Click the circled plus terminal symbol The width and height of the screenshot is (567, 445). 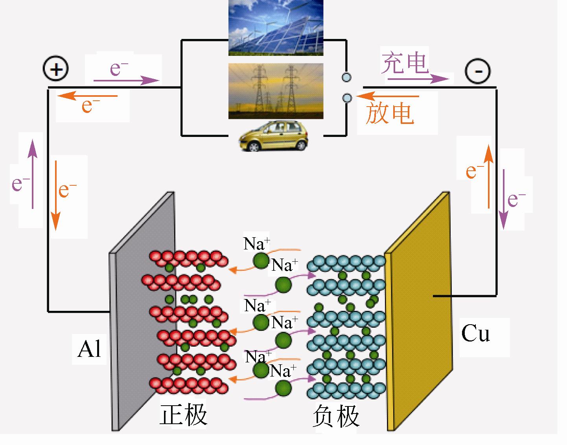click(x=56, y=70)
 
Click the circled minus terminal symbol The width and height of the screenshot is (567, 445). click(x=477, y=71)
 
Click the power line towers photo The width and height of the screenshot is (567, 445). click(x=276, y=91)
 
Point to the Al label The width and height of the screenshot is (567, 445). click(x=89, y=349)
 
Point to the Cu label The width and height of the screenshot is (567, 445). click(x=475, y=334)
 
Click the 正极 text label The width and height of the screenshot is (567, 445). click(x=183, y=415)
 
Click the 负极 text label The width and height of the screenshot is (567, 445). click(x=336, y=416)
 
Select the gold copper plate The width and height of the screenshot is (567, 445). click(x=419, y=311)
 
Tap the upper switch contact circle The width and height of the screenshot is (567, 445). click(x=346, y=78)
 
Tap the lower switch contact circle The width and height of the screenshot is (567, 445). click(x=346, y=98)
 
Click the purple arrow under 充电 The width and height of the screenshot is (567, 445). click(x=418, y=79)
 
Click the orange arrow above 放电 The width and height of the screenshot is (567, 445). click(x=387, y=96)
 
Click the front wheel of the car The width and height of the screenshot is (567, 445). click(x=254, y=147)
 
